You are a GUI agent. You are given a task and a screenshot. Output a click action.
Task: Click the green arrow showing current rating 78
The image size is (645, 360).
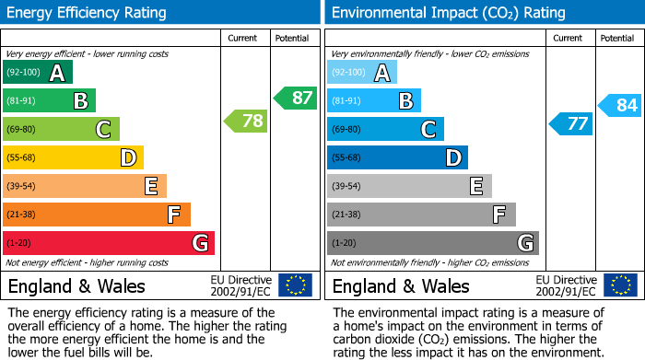click(x=246, y=121)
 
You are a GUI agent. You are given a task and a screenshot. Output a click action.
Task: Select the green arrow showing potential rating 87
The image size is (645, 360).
click(x=295, y=98)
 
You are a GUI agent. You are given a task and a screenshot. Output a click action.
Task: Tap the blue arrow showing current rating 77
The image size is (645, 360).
click(x=570, y=123)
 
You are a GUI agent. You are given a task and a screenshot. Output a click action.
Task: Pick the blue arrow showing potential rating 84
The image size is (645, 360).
click(x=619, y=105)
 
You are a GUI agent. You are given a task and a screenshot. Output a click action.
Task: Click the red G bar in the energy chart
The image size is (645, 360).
click(x=109, y=243)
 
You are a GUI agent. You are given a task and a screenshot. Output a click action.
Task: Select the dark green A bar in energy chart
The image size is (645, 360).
click(x=38, y=72)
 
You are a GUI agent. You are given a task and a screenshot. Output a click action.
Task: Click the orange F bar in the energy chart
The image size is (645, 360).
click(x=97, y=215)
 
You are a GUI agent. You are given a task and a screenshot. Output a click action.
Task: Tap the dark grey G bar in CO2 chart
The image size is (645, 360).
click(x=433, y=243)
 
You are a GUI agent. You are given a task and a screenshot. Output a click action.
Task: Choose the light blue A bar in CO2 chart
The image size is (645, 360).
click(x=362, y=72)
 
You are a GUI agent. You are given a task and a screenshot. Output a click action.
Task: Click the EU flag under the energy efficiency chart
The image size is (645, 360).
click(x=295, y=285)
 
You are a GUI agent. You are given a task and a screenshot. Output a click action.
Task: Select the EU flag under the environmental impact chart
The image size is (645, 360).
click(x=619, y=285)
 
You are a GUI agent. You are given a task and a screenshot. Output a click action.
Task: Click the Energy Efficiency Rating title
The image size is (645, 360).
click(x=88, y=13)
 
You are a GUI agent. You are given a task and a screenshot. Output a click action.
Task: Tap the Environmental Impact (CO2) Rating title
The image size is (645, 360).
click(x=448, y=13)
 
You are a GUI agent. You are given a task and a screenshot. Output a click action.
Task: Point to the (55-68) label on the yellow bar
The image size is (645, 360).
click(x=22, y=157)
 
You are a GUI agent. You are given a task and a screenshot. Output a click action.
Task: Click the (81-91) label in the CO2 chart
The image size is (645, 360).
click(x=346, y=100)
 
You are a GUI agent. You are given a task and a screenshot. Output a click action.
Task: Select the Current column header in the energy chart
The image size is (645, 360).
click(x=244, y=38)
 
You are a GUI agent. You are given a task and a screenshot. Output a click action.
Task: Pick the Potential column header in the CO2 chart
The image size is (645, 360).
click(x=617, y=38)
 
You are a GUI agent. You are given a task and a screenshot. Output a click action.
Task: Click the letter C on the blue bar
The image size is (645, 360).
click(x=428, y=130)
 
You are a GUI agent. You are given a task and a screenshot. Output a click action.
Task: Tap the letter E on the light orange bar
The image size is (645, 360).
click(x=151, y=187)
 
